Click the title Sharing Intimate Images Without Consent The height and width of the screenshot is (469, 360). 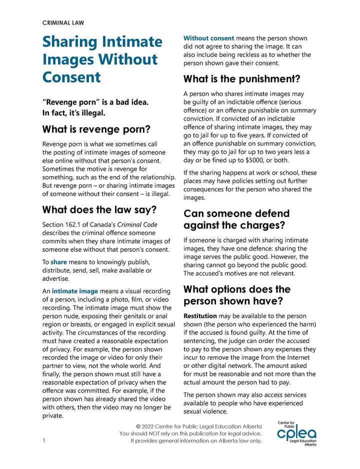(102, 59)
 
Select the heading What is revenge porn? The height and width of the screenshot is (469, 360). (96, 130)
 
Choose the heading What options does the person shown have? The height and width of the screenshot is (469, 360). (244, 295)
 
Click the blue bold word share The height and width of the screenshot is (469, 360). (58, 261)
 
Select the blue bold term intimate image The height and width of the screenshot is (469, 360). (74, 290)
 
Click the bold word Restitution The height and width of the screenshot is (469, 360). (200, 316)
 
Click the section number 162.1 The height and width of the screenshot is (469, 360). (81, 224)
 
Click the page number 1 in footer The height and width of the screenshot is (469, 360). (44, 440)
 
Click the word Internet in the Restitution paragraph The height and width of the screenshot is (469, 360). (302, 357)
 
